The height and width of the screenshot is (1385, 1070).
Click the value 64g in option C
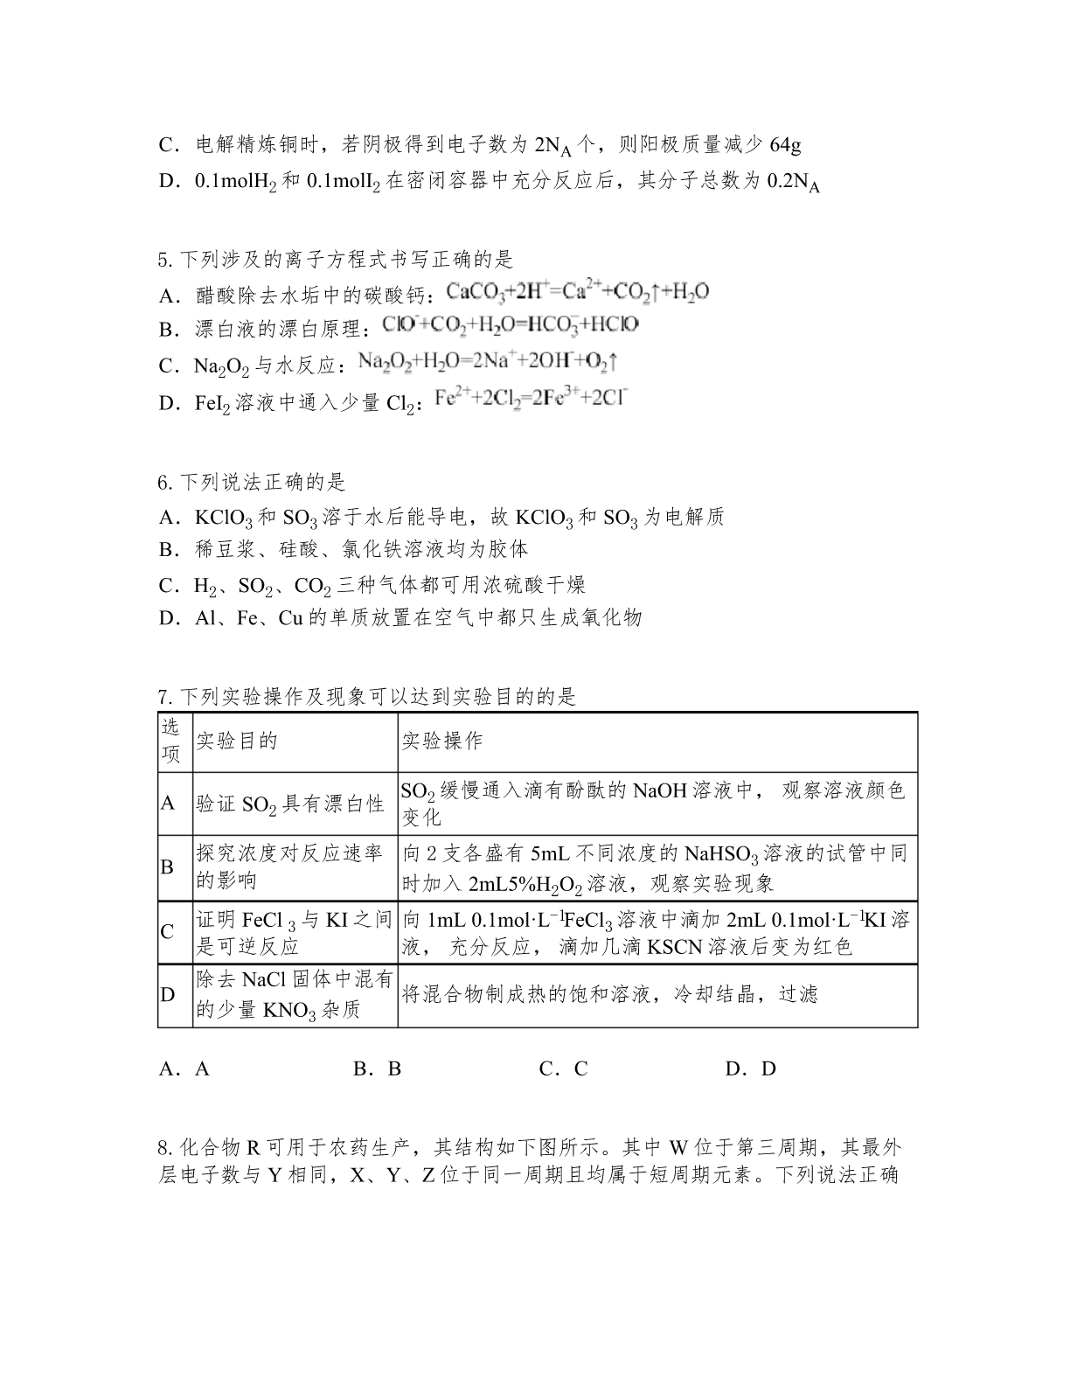784,144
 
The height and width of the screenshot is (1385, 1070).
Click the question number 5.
163,260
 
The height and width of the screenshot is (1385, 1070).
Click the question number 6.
163,482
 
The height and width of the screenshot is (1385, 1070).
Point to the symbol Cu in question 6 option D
289,618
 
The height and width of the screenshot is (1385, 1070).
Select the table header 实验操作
442,741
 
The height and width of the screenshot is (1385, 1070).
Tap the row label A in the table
168,803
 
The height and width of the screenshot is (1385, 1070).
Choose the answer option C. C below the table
563,1068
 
